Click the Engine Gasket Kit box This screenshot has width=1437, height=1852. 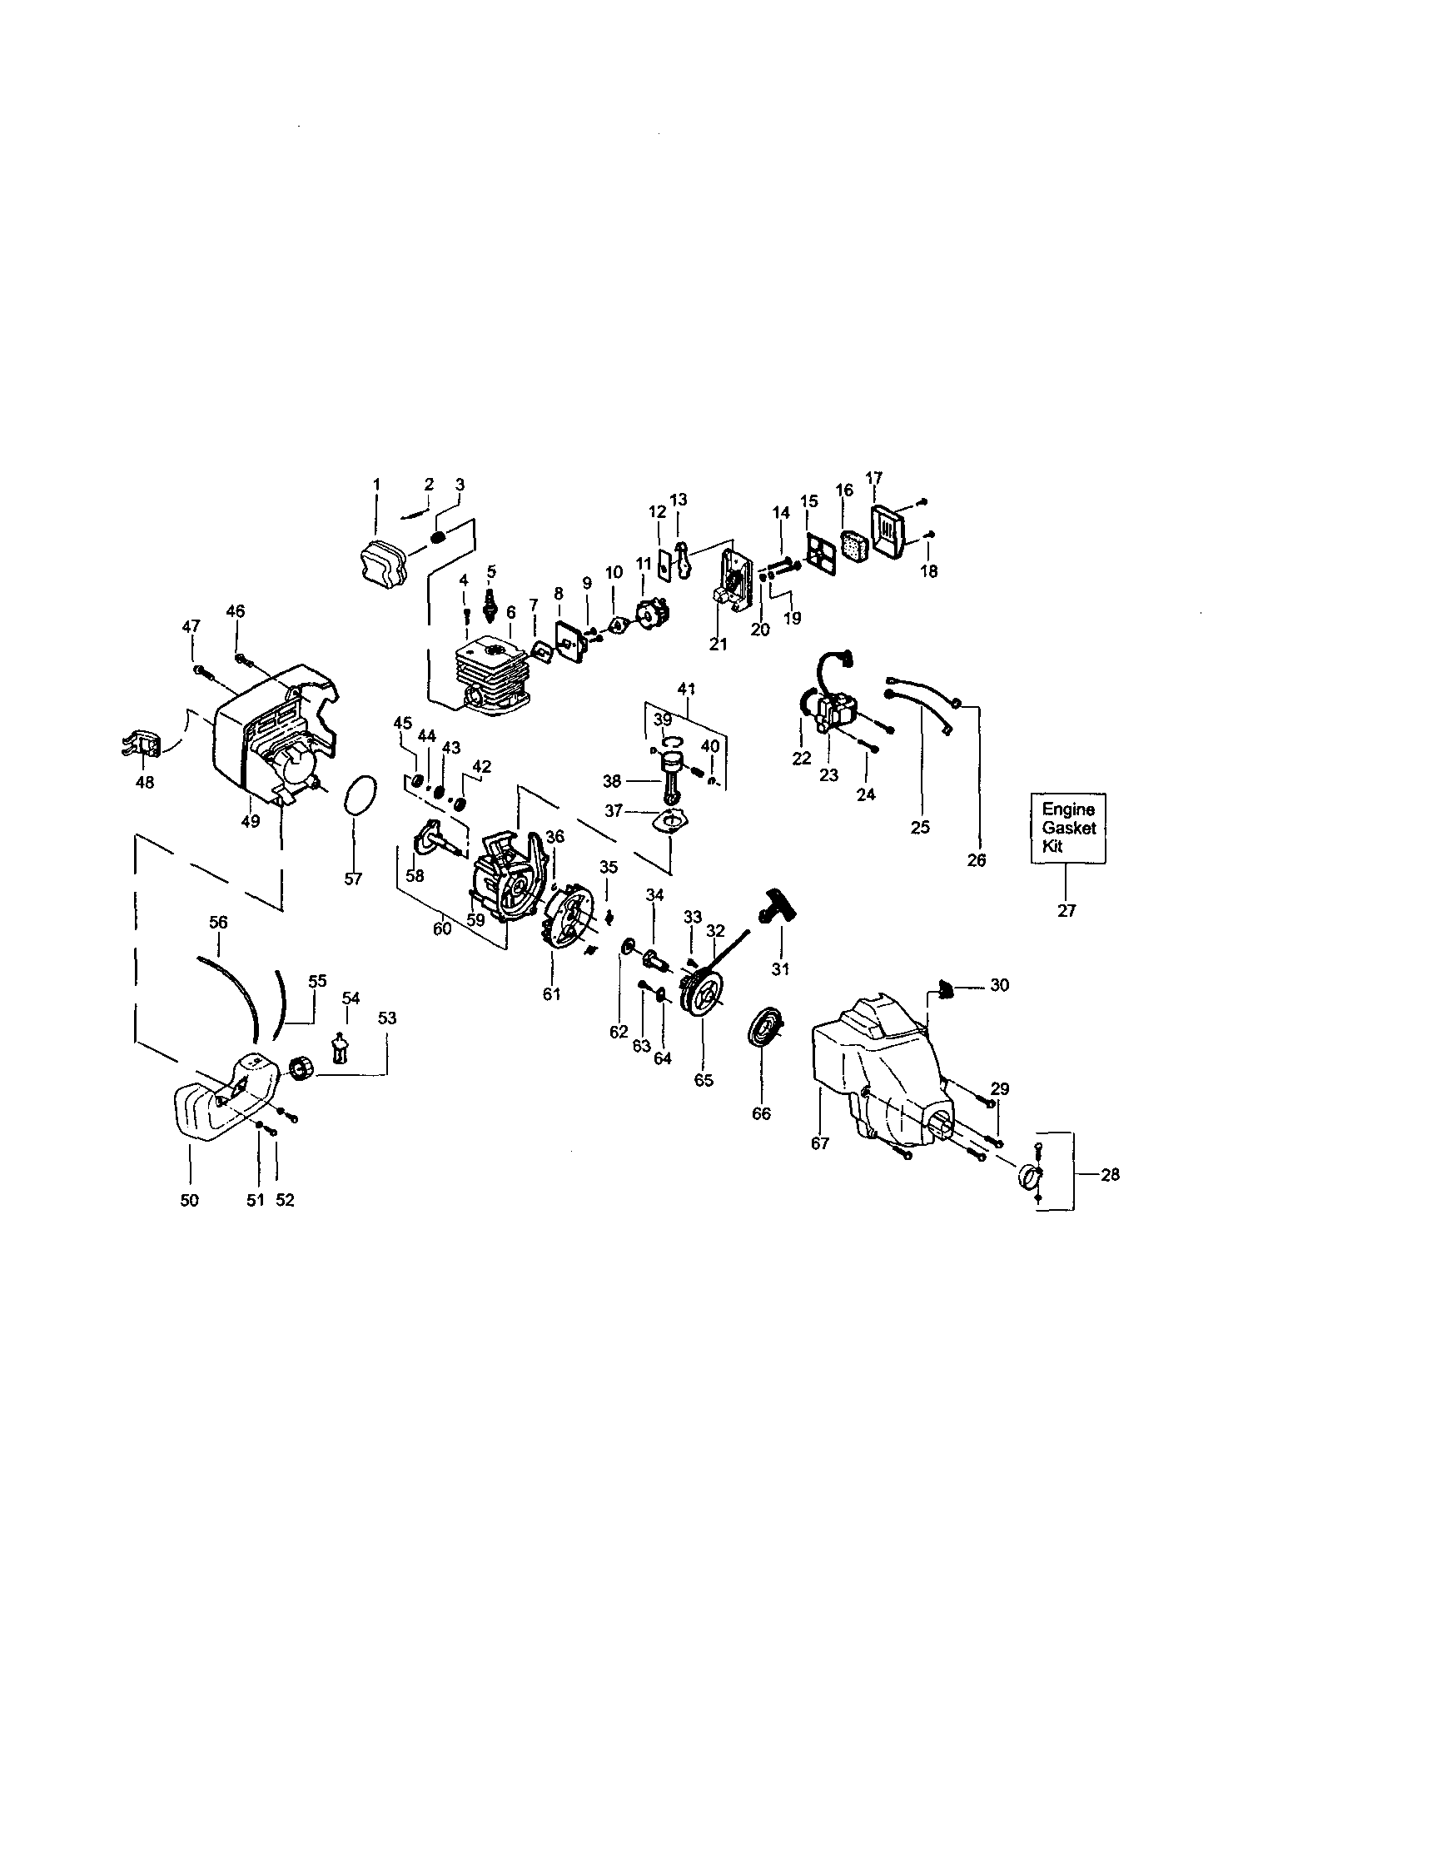[1067, 828]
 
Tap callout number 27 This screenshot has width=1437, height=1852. [1067, 911]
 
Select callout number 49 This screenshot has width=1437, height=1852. [250, 821]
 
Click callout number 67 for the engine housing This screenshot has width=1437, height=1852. [819, 1143]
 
